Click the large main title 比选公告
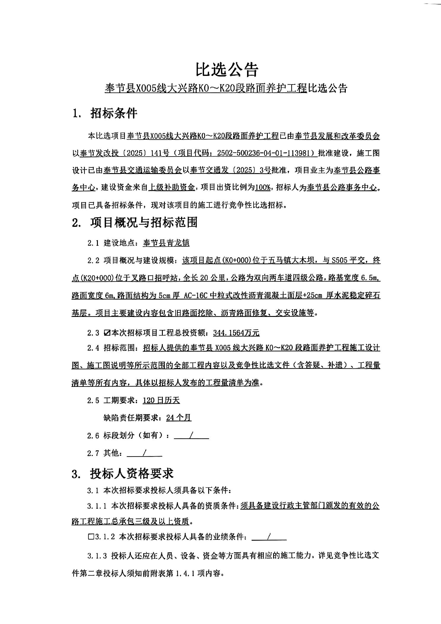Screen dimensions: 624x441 tap(227, 70)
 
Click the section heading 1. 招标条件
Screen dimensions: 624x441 tap(105, 114)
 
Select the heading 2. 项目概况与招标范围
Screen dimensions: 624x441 tap(135, 222)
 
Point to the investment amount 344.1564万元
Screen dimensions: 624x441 tap(236, 333)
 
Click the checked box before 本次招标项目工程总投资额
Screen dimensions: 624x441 tap(107, 333)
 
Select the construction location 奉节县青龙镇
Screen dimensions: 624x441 tap(166, 243)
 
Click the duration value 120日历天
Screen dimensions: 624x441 tap(161, 400)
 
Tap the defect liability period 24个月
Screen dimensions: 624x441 tap(179, 418)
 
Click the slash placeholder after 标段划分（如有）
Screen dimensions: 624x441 tap(191, 435)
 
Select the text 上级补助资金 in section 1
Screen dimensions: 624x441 tap(172, 187)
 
